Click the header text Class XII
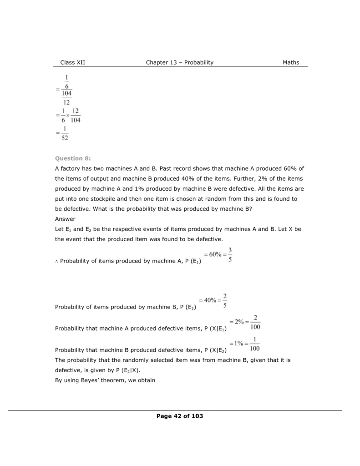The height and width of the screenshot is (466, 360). click(x=72, y=62)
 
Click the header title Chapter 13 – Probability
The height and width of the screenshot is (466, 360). click(x=179, y=62)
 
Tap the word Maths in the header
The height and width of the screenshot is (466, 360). click(x=291, y=62)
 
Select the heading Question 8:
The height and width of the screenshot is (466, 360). click(x=73, y=158)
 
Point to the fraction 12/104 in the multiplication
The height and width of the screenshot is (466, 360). click(x=75, y=116)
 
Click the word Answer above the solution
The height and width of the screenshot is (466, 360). click(x=65, y=218)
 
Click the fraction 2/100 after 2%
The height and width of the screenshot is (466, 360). click(x=255, y=322)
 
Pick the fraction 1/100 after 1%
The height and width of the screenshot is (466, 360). click(x=255, y=344)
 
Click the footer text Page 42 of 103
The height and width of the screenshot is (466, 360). click(x=179, y=416)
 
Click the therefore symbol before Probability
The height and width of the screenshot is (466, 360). click(x=56, y=261)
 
